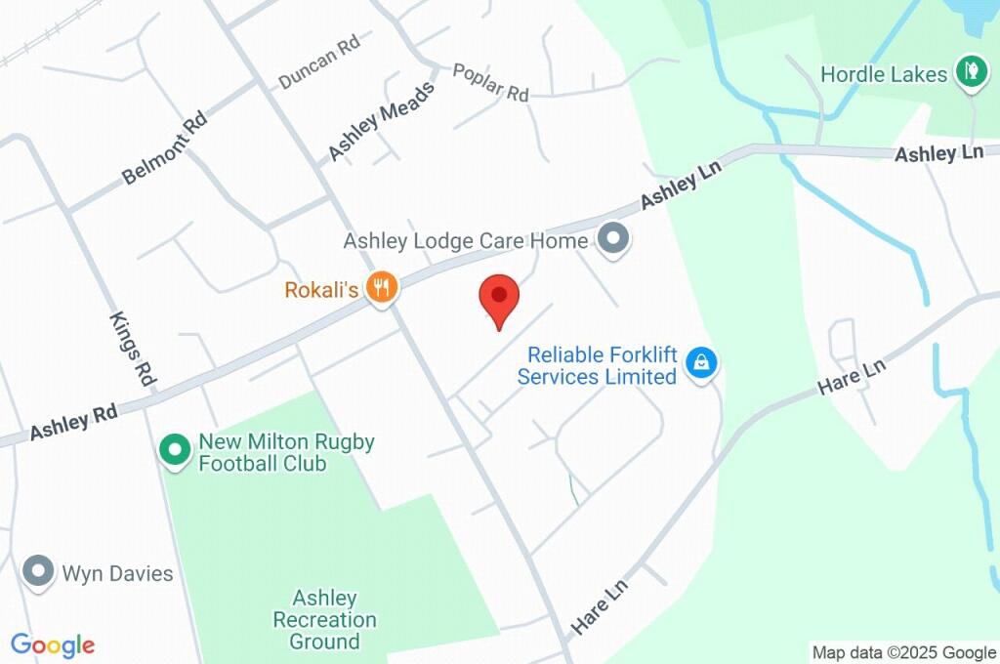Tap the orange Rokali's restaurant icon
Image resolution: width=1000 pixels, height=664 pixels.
pyautogui.click(x=381, y=287)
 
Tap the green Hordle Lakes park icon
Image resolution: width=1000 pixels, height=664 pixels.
pyautogui.click(x=970, y=73)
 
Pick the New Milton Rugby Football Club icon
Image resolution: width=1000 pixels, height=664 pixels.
pyautogui.click(x=174, y=450)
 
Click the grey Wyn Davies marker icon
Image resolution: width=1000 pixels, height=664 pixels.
pyautogui.click(x=39, y=571)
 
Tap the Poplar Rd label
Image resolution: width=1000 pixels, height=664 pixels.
pyautogui.click(x=490, y=83)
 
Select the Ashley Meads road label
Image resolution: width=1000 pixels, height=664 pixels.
pyautogui.click(x=380, y=120)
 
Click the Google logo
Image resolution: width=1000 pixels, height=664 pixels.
pyautogui.click(x=53, y=644)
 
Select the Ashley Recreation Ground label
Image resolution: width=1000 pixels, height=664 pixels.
pyautogui.click(x=324, y=619)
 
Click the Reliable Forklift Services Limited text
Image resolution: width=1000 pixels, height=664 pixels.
pyautogui.click(x=597, y=365)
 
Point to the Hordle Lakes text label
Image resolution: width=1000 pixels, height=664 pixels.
pyautogui.click(x=884, y=74)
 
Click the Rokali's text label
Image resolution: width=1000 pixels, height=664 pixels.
pyautogui.click(x=321, y=290)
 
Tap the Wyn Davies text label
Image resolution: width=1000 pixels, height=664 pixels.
pyautogui.click(x=117, y=572)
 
